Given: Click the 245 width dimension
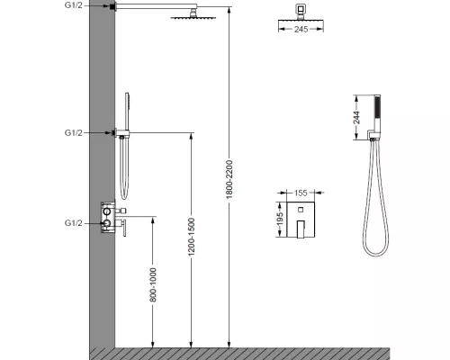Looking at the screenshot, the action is tap(301, 29).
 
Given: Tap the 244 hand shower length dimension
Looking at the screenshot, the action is tap(356, 117).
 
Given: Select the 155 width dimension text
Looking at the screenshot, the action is tap(301, 193).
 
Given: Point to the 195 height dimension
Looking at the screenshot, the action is tap(280, 220).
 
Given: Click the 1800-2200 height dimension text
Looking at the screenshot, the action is tap(229, 179).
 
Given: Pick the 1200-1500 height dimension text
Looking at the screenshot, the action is tap(192, 238).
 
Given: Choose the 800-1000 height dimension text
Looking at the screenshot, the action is tap(153, 284).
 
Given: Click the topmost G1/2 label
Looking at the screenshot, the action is tap(73, 5).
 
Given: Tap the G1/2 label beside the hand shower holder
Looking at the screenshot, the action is tap(73, 132).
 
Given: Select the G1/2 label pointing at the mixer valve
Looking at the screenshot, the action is tap(73, 223).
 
